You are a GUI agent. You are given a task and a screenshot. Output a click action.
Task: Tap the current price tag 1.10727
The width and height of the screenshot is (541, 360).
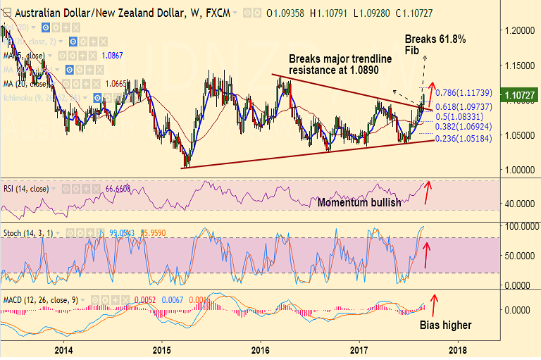tap(518, 94)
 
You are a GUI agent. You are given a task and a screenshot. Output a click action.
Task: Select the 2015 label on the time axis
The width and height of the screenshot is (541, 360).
tap(162, 349)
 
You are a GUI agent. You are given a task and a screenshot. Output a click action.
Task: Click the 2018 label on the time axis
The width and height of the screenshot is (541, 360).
tap(458, 349)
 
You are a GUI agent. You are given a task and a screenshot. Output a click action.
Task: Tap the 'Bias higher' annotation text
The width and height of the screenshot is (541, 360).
tap(446, 325)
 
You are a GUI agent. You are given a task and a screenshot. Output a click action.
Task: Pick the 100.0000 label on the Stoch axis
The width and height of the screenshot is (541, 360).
tap(518, 225)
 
